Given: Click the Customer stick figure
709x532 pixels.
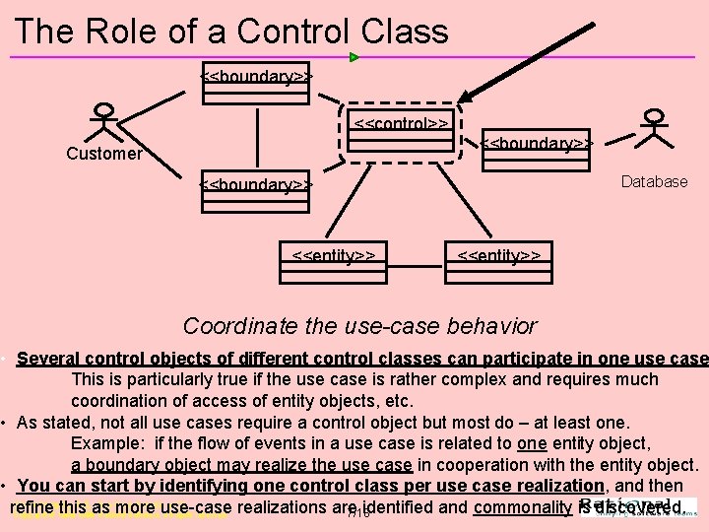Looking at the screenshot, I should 101,123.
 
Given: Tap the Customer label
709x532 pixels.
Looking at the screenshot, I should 103,154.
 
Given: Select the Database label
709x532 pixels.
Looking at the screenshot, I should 654,181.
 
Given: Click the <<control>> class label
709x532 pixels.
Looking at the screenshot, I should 402,124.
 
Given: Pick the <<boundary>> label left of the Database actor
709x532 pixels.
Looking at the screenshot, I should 536,144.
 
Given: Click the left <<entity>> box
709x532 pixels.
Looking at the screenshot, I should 334,257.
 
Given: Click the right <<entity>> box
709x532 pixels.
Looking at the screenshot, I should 499,257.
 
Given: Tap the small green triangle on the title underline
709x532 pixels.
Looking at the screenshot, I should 354,57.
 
